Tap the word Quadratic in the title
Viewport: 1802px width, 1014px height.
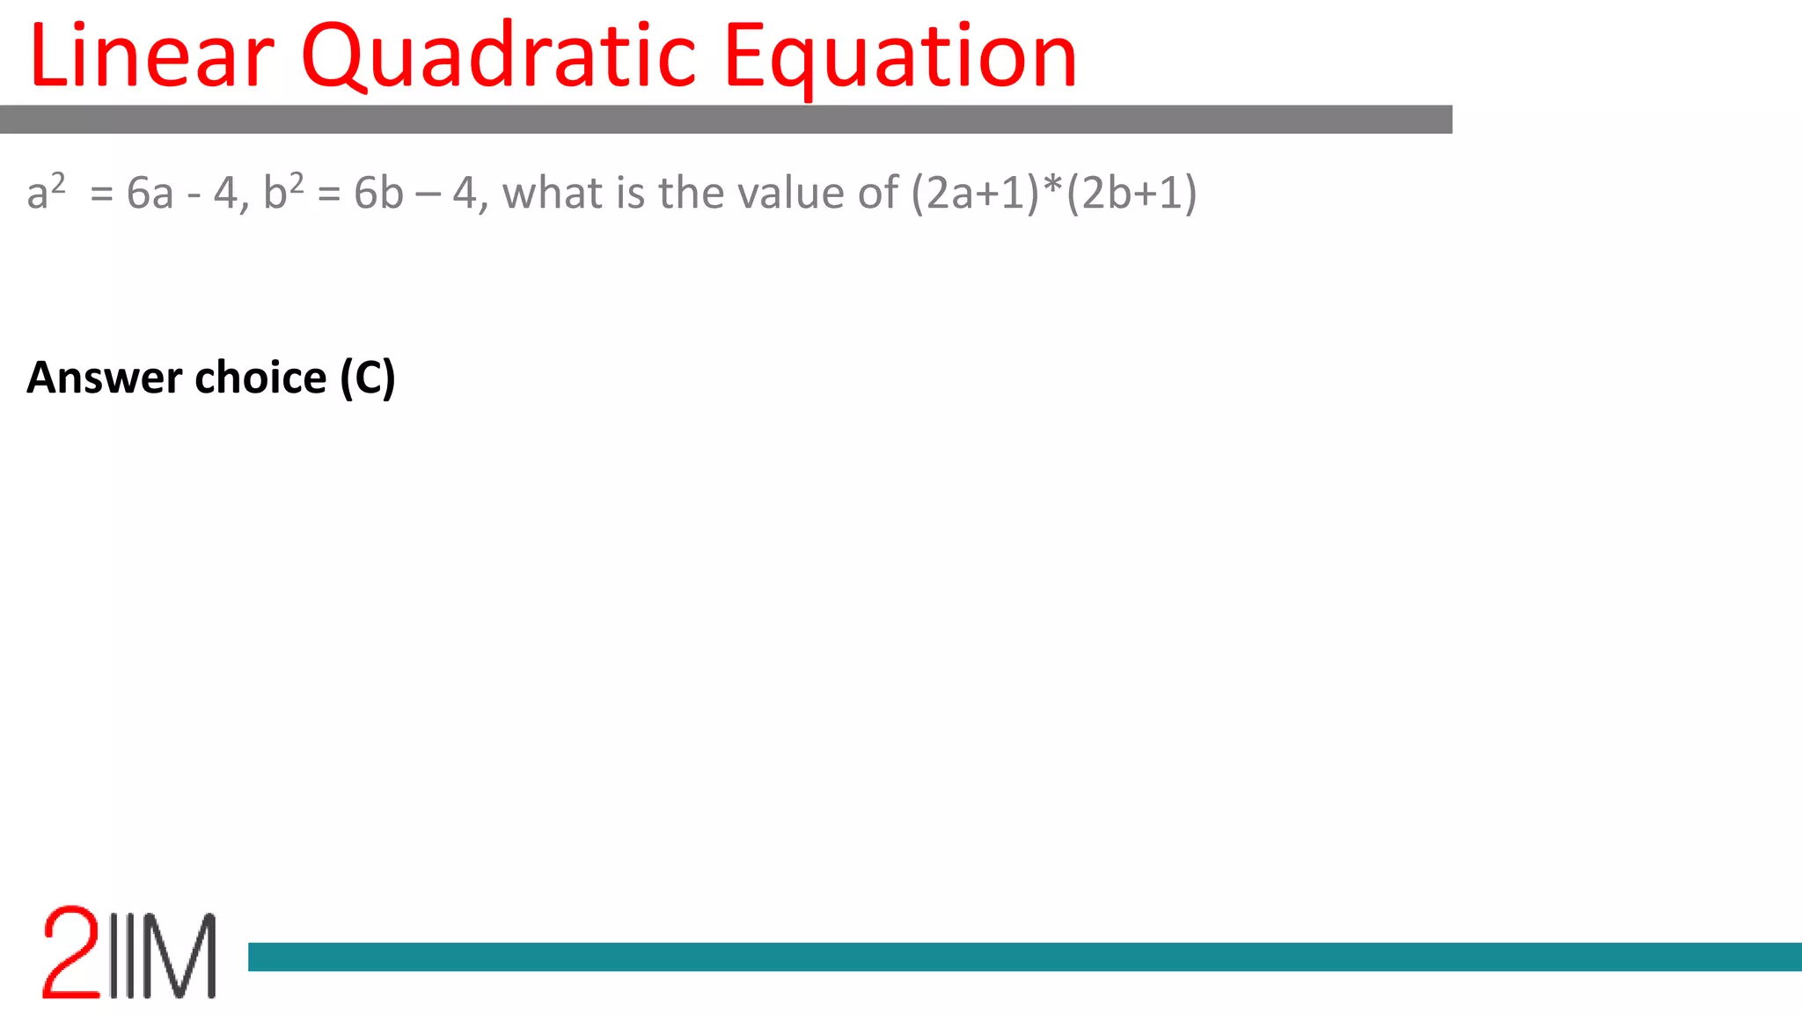tap(498, 56)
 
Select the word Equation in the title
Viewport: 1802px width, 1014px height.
tap(899, 56)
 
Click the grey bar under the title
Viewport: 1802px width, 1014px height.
tap(726, 119)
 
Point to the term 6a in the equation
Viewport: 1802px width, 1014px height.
tap(150, 193)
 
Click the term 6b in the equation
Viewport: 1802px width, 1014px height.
tap(378, 193)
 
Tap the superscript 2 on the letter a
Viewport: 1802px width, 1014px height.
tap(57, 182)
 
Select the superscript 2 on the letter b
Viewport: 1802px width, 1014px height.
tap(297, 182)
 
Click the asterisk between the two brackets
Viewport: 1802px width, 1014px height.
tap(1053, 187)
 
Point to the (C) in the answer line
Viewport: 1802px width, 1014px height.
tap(368, 378)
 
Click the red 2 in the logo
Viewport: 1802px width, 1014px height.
tap(71, 952)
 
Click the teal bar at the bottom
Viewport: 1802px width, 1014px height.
tap(1025, 957)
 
